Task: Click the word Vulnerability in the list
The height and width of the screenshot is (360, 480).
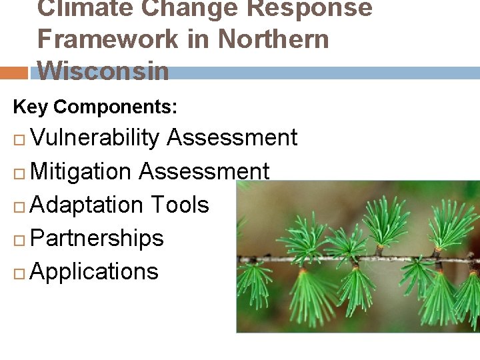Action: click(95, 138)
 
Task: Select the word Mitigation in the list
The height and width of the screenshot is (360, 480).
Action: click(81, 171)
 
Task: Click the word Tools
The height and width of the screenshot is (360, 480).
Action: click(179, 205)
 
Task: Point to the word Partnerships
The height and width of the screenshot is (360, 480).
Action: click(97, 238)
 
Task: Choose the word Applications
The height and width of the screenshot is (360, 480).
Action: click(94, 271)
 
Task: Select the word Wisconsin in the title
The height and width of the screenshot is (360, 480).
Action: click(103, 71)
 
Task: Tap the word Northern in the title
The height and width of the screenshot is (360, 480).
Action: click(273, 39)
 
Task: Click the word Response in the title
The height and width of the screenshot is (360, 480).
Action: click(306, 8)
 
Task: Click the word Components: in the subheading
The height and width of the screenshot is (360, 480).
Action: click(115, 107)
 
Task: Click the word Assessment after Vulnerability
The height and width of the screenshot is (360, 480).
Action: click(231, 138)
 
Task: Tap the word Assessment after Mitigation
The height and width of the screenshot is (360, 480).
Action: click(203, 171)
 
